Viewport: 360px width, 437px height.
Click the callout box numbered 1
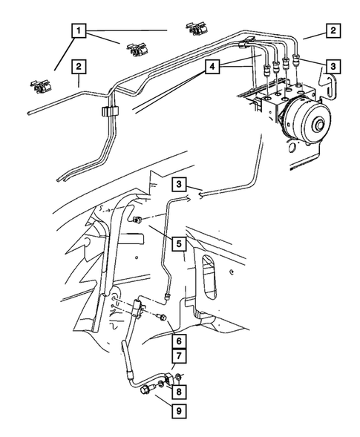[78, 32]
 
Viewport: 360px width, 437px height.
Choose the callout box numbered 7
[178, 358]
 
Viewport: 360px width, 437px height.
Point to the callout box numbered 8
[179, 390]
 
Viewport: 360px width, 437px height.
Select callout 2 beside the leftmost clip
[78, 68]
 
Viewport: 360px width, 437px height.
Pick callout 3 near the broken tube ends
[178, 183]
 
